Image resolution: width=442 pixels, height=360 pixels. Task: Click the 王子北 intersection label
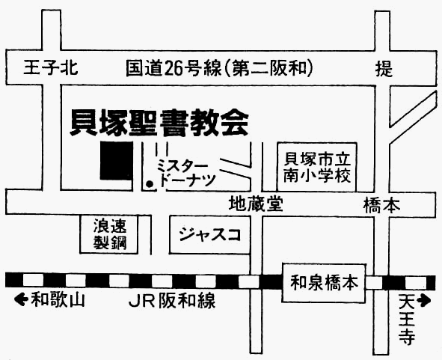pyautogui.click(x=50, y=67)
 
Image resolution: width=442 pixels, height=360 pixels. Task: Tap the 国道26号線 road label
pyautogui.click(x=174, y=68)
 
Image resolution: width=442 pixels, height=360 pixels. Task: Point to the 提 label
pyautogui.click(x=384, y=69)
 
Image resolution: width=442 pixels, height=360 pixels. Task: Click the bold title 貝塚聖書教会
pyautogui.click(x=159, y=123)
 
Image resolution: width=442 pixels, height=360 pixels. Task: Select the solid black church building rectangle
pyautogui.click(x=117, y=160)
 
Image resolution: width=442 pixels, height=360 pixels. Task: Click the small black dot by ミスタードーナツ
pyautogui.click(x=150, y=184)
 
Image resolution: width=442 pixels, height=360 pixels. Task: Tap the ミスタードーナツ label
pyautogui.click(x=186, y=173)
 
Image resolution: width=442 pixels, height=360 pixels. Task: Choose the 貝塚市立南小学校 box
pyautogui.click(x=317, y=167)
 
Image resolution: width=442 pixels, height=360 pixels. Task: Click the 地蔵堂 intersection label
pyautogui.click(x=256, y=204)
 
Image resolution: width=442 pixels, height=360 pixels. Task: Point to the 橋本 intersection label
pyautogui.click(x=382, y=205)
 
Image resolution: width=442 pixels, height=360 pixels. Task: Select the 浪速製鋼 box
pyautogui.click(x=109, y=234)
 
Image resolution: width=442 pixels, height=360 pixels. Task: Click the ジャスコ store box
pyautogui.click(x=210, y=234)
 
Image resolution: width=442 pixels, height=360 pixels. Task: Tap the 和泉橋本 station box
pyautogui.click(x=324, y=283)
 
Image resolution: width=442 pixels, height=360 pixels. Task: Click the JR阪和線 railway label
pyautogui.click(x=172, y=301)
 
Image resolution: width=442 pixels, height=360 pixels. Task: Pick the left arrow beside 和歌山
pyautogui.click(x=21, y=299)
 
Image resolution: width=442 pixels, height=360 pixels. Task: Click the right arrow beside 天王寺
pyautogui.click(x=424, y=300)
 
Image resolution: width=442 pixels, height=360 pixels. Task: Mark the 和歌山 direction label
pyautogui.click(x=58, y=299)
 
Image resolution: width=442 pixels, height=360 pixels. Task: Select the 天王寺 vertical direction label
pyautogui.click(x=407, y=320)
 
